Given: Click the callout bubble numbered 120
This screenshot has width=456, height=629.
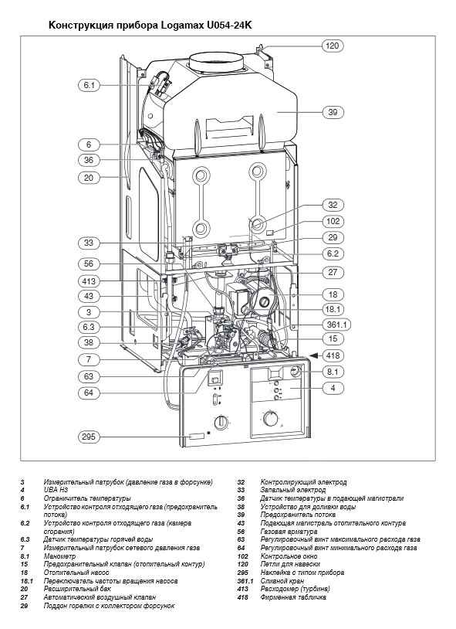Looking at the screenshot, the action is coord(333,46).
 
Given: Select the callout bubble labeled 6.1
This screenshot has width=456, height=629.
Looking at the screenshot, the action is coord(89,85).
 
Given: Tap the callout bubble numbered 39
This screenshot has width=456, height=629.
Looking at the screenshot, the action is coord(333,112).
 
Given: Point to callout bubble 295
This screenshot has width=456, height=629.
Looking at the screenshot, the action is coord(89,437).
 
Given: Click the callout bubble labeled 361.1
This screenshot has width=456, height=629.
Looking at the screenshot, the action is coord(336,325).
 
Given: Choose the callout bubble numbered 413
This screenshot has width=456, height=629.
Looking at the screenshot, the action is coord(89,280).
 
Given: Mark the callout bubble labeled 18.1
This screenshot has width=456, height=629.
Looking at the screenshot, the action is coord(333,309).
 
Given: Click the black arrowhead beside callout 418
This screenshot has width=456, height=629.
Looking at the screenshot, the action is coord(316,355).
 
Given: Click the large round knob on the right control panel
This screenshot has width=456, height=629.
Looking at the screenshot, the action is coord(271,418).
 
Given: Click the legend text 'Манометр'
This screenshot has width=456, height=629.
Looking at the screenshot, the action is coord(59,556).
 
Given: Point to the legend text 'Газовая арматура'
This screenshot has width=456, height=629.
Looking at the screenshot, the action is coord(289,532).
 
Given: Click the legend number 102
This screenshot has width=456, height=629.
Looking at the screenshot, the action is coord(242,556).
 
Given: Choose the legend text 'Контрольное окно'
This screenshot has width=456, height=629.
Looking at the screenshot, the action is coord(289,556).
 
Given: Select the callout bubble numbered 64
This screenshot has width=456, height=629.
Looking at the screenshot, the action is coord(89,393).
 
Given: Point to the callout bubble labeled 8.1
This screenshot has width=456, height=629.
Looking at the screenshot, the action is coord(333,372).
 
